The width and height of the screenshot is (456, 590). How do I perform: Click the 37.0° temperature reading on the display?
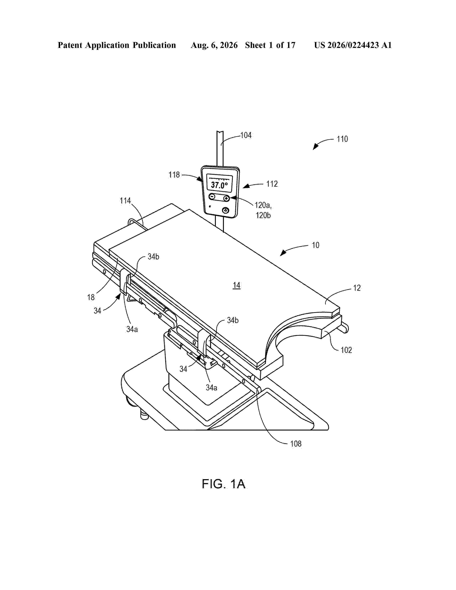(219, 185)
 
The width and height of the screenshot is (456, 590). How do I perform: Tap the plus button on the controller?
(226, 198)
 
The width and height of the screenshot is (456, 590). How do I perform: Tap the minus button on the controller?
(212, 197)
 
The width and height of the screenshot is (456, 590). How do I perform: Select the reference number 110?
(342, 139)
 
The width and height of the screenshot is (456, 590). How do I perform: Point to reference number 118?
(174, 175)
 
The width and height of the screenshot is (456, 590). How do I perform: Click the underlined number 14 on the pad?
(237, 285)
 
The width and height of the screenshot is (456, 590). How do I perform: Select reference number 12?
(357, 288)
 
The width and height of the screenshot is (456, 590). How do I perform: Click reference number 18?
(91, 298)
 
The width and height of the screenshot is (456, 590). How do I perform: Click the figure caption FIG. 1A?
(224, 484)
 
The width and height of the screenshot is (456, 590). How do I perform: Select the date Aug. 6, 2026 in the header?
(214, 45)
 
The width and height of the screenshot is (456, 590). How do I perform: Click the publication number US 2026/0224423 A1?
(353, 45)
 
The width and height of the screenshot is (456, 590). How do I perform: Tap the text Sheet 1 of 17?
(270, 45)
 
